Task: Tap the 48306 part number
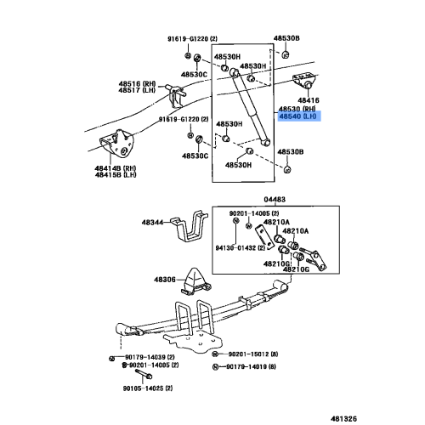pyautogui.click(x=164, y=280)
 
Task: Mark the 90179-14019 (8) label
pyautogui.click(x=255, y=366)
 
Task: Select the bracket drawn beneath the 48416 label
pyautogui.click(x=305, y=82)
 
